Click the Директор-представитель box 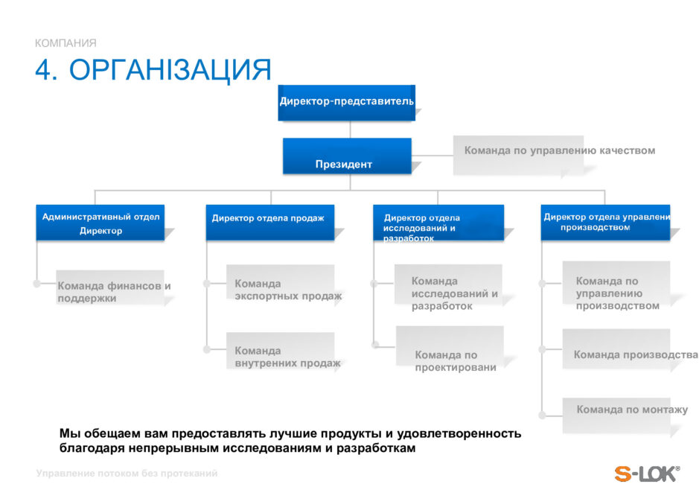tap(346, 101)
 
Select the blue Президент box tap(347, 156)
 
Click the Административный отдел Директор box tap(100, 222)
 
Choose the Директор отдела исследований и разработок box tap(438, 222)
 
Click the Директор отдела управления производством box tap(604, 222)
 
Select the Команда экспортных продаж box tap(280, 286)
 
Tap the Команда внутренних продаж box tap(280, 353)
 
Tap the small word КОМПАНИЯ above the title tap(66, 43)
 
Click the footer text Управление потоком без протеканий tap(127, 474)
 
